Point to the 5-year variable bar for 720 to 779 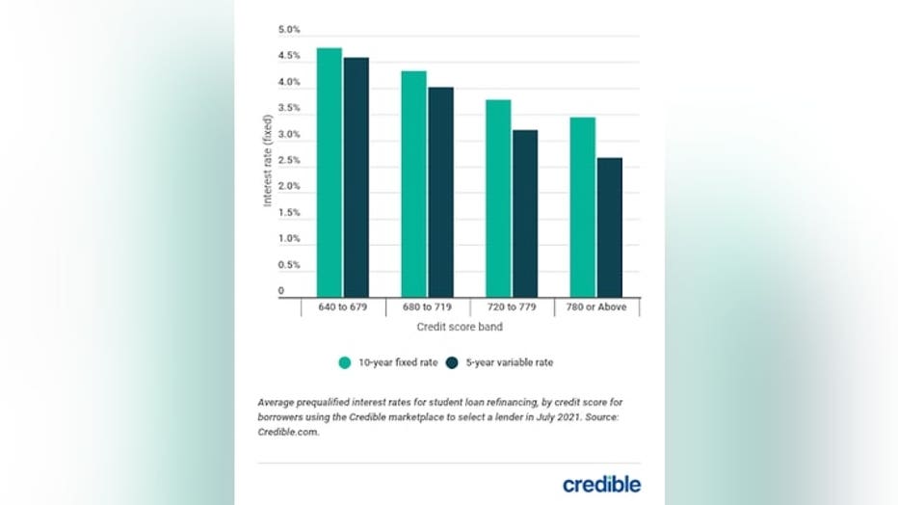click(525, 213)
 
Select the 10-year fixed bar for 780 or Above click(582, 206)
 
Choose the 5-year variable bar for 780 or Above click(609, 226)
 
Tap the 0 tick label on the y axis click(281, 291)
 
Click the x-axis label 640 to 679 click(344, 307)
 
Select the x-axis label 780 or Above click(597, 307)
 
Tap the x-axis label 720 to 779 click(513, 307)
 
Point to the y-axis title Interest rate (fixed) click(268, 159)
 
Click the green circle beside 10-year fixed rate click(344, 363)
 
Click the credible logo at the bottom click(601, 484)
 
